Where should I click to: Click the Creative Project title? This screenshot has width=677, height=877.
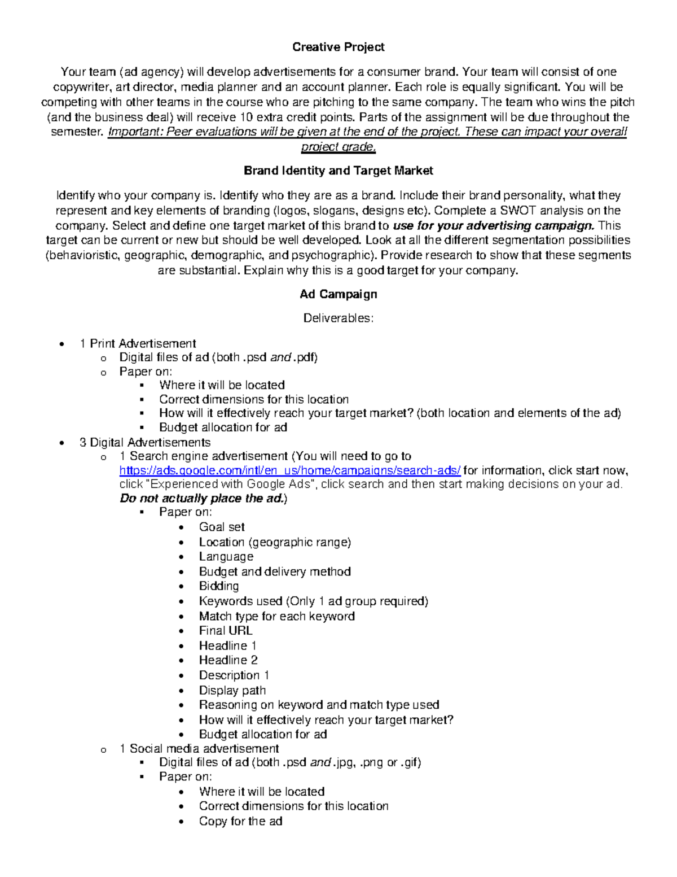click(x=338, y=47)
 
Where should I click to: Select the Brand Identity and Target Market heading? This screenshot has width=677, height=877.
click(x=338, y=171)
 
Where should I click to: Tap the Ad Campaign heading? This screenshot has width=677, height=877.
click(x=338, y=294)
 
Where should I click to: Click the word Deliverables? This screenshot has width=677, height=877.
click(x=338, y=318)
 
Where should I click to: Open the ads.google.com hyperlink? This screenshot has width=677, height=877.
click(x=290, y=470)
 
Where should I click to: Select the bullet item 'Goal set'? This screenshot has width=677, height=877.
click(x=221, y=527)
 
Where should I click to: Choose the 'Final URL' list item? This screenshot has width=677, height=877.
click(x=225, y=630)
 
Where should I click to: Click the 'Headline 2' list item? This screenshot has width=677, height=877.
click(x=228, y=660)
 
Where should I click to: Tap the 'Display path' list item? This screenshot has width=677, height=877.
click(x=232, y=690)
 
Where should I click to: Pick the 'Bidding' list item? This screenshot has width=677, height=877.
click(x=218, y=586)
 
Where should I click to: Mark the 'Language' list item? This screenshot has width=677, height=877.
click(x=226, y=556)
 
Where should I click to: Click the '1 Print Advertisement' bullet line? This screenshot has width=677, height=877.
click(x=138, y=343)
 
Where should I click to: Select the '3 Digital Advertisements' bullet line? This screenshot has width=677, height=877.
click(x=145, y=442)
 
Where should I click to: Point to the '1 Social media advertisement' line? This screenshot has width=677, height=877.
click(x=199, y=749)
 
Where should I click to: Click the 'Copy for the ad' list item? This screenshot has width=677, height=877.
click(x=240, y=821)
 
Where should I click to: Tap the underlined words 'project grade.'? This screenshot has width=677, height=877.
click(x=338, y=147)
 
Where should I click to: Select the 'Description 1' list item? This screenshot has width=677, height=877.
click(x=234, y=675)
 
